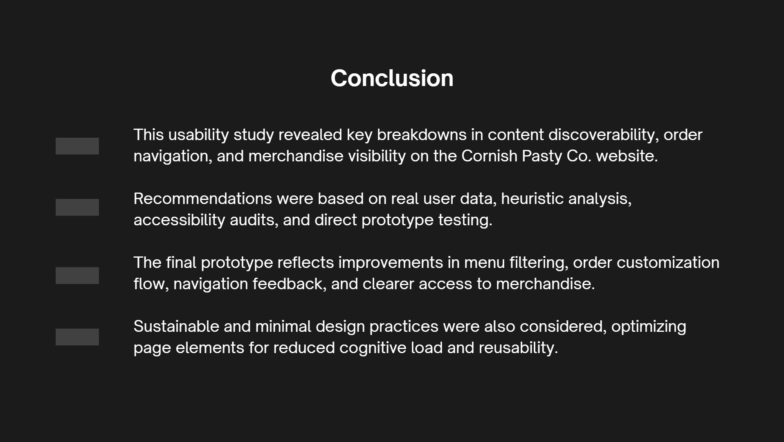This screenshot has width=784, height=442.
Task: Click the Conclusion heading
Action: (x=392, y=78)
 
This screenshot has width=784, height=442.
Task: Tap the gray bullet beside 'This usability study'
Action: (x=77, y=146)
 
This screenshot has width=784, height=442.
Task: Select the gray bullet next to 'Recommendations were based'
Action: (x=77, y=207)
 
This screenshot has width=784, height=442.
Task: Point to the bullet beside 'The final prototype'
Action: (x=77, y=275)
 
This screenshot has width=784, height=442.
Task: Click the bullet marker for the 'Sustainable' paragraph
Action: (x=77, y=337)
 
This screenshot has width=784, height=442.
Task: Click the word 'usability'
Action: (x=198, y=135)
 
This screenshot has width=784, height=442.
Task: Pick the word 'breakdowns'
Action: (x=422, y=135)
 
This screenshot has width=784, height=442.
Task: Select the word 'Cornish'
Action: (x=489, y=156)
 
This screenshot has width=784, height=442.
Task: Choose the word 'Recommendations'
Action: (x=203, y=199)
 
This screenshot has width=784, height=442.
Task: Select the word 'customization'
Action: (x=668, y=263)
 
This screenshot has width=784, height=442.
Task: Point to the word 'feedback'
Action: (x=289, y=284)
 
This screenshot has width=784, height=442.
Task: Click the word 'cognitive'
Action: (x=373, y=348)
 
